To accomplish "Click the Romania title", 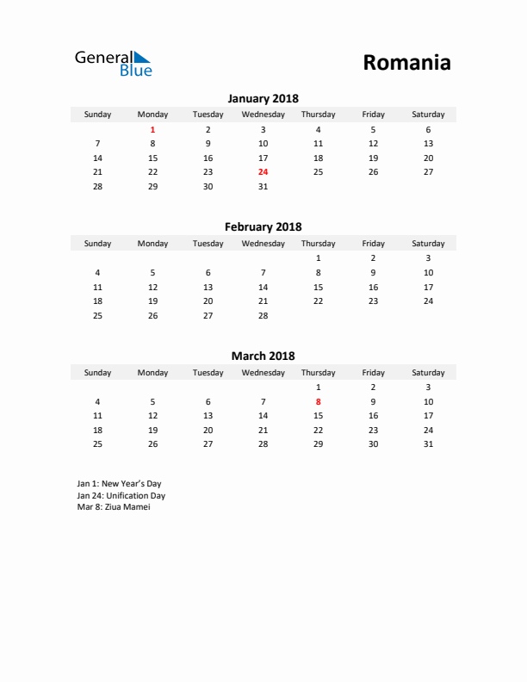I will [406, 63].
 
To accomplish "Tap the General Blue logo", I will [113, 63].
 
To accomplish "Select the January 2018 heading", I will [263, 98].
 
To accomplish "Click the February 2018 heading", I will [263, 227].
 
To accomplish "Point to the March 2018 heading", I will [263, 356].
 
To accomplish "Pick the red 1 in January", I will [153, 129].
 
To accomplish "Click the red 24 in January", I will [263, 172].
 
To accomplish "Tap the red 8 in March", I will [318, 401].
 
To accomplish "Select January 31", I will [263, 186].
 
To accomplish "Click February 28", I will [263, 315].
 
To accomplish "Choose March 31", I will [428, 444].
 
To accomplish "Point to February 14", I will [263, 287].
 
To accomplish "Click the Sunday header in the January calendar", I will [97, 115].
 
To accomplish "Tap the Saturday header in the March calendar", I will [428, 373].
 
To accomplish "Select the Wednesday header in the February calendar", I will [263, 244].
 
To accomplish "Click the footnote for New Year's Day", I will [119, 484].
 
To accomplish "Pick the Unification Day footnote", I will [121, 495].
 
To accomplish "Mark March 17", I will [428, 415].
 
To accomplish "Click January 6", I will [428, 129].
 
